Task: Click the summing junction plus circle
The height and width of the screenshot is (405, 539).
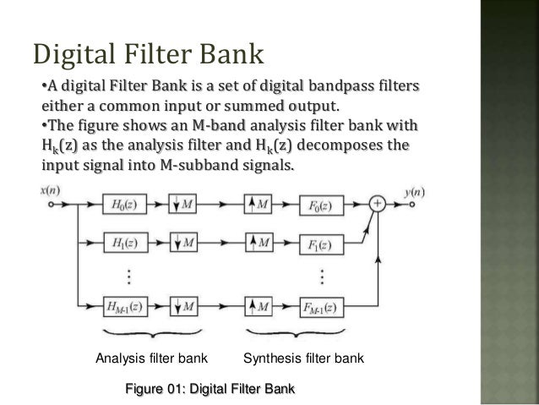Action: click(376, 204)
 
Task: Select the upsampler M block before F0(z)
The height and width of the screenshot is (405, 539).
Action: click(262, 205)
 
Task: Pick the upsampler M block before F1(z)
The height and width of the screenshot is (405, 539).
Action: click(262, 244)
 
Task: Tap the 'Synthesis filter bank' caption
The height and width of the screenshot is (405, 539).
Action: click(303, 359)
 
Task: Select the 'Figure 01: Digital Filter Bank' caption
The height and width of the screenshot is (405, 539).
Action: click(210, 390)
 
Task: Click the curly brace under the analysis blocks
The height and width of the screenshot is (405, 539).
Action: click(150, 333)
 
